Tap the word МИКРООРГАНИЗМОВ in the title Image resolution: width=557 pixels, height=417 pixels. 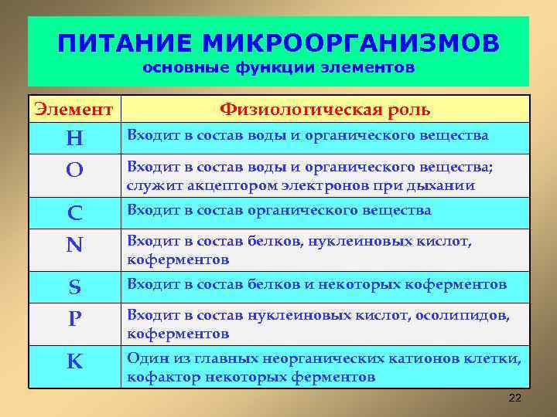pos(345,42)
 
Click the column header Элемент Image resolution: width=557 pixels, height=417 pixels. pos(75,109)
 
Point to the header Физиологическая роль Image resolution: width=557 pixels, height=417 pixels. pos(325,109)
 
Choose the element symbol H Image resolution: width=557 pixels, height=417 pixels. pos(74,138)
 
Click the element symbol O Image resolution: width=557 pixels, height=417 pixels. pos(74,171)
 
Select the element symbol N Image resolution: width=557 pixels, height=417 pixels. pos(74,245)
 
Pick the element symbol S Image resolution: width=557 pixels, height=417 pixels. pos(74,287)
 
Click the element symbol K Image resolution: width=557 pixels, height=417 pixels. pos(74,361)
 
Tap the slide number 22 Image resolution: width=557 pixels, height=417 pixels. pos(515,398)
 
